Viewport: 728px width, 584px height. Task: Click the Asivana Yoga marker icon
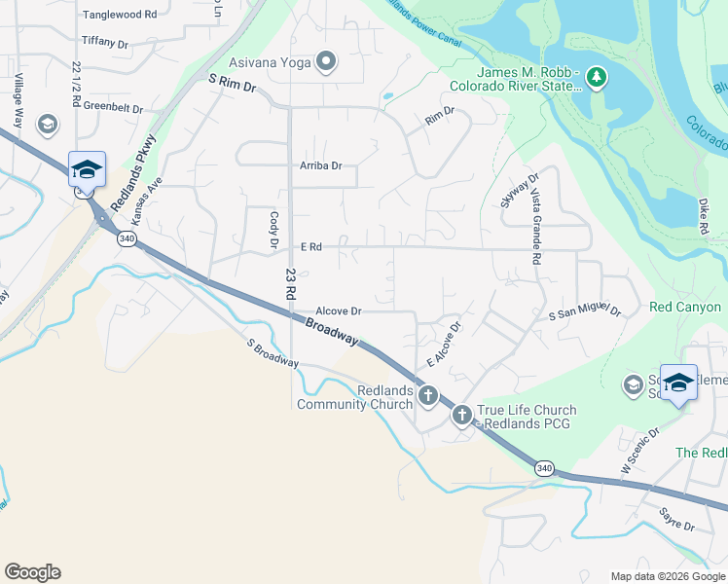(325, 63)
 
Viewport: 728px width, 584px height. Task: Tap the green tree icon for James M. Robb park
(596, 79)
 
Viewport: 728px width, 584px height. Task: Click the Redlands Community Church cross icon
(428, 396)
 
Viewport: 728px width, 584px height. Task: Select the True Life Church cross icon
(461, 416)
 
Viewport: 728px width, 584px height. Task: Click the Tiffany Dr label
(105, 43)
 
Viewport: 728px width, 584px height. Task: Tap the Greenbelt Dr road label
(113, 108)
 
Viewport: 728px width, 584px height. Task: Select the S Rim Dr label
(231, 87)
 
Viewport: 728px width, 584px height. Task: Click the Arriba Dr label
(320, 165)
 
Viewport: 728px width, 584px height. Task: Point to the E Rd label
(311, 247)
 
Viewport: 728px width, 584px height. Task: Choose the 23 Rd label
(289, 283)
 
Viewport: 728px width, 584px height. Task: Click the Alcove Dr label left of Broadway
(339, 310)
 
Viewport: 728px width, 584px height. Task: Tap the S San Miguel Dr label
(584, 314)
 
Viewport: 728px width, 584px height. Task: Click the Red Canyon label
(685, 307)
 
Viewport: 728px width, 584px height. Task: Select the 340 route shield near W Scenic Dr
(544, 468)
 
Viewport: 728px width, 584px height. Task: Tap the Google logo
(32, 572)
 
